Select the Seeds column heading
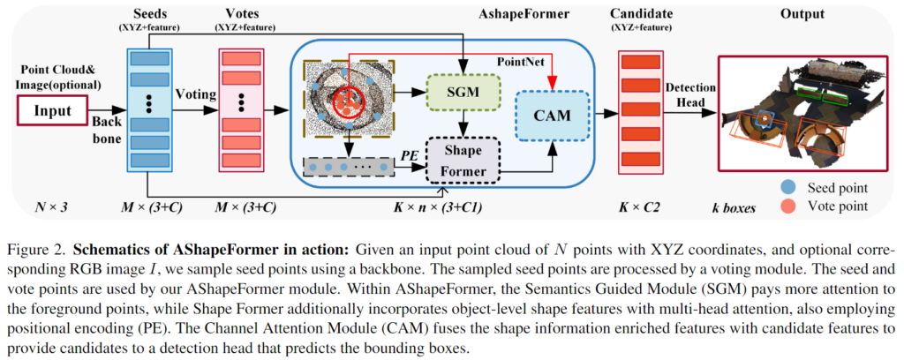(150, 15)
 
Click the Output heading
(802, 15)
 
